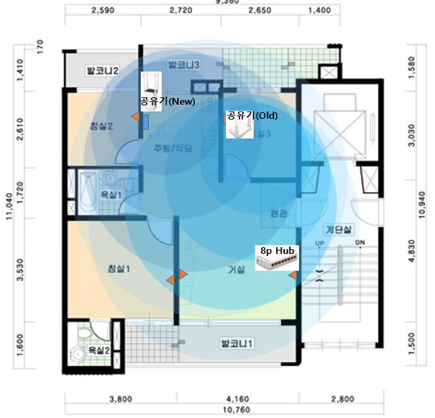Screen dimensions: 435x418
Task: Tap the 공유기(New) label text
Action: coord(167,101)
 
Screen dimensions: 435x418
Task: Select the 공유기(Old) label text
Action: coord(252,115)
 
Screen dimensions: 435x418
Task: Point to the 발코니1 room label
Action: coord(237,344)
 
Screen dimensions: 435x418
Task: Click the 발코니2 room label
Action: coord(103,70)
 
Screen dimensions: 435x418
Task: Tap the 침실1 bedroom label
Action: coord(118,268)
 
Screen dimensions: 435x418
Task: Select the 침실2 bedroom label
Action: coord(101,125)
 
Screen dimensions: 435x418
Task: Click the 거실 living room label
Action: coord(236,269)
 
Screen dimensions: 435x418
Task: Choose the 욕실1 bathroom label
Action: coord(111,195)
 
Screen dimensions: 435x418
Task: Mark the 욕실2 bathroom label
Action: coord(99,350)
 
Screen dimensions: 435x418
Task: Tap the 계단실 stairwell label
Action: coord(338,229)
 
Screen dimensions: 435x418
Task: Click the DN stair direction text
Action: coord(360,243)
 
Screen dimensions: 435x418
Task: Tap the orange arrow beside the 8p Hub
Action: coord(293,276)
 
